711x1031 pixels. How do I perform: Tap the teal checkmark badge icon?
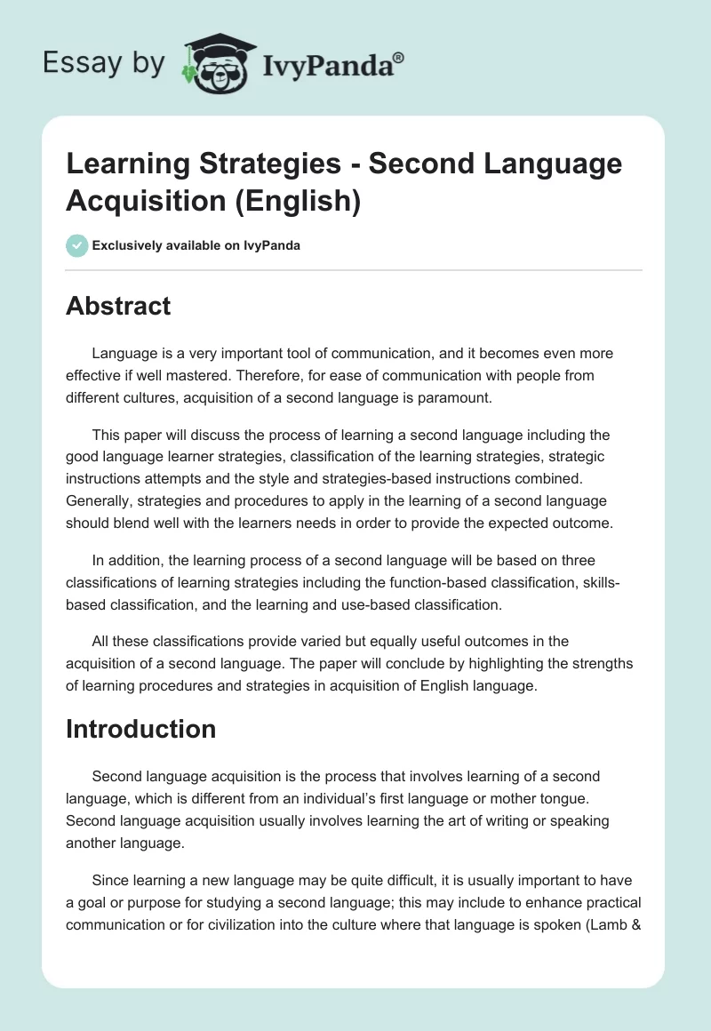pos(76,245)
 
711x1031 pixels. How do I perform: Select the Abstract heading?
pos(118,306)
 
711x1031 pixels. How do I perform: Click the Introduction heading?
pos(140,729)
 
